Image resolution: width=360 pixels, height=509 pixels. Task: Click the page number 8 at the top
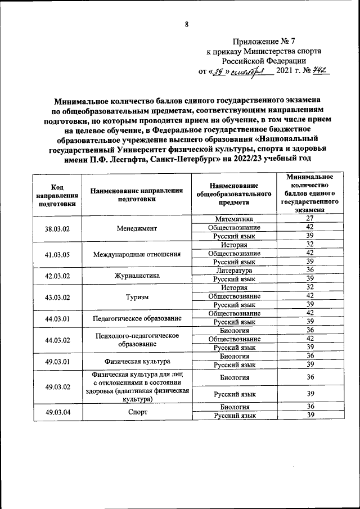tap(186, 24)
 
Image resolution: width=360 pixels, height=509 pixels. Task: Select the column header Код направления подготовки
tap(57, 194)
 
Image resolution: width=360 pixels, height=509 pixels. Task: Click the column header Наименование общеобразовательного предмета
tap(233, 194)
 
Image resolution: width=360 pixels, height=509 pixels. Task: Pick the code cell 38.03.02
tap(57, 228)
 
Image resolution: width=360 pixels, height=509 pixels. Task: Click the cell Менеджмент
tap(137, 228)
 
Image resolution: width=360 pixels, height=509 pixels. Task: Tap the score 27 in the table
tap(309, 218)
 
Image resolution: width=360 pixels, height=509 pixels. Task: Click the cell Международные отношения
tap(137, 254)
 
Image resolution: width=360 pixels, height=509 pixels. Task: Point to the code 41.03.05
tap(57, 254)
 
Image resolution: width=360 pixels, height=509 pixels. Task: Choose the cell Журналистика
tap(137, 275)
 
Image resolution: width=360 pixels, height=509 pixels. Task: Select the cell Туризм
tap(137, 296)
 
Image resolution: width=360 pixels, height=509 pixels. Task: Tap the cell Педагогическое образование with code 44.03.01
tap(137, 318)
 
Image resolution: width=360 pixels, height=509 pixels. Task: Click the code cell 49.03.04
tap(57, 411)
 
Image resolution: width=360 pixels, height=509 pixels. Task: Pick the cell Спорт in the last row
tap(137, 411)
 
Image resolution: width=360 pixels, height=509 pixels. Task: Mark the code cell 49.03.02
tap(57, 387)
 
